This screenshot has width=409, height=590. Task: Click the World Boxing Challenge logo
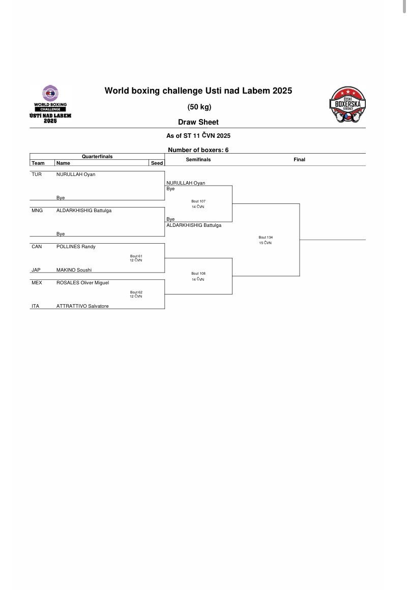pyautogui.click(x=50, y=104)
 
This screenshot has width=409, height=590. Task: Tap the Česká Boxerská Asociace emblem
pyautogui.click(x=347, y=105)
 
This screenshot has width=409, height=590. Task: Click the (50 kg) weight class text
pyautogui.click(x=199, y=107)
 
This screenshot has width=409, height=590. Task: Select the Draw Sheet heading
pyautogui.click(x=198, y=122)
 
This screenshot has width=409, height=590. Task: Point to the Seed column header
pyautogui.click(x=157, y=163)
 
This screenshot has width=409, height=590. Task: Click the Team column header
pyautogui.click(x=38, y=163)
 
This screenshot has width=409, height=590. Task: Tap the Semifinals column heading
pyautogui.click(x=198, y=160)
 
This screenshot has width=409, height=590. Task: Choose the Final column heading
pyautogui.click(x=299, y=160)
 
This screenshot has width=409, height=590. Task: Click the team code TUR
pyautogui.click(x=36, y=174)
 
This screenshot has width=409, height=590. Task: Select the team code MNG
pyautogui.click(x=37, y=211)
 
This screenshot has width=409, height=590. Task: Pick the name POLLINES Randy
pyautogui.click(x=76, y=247)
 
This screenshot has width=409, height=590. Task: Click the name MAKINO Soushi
pyautogui.click(x=74, y=270)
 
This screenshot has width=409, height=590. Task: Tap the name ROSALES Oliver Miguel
pyautogui.click(x=82, y=283)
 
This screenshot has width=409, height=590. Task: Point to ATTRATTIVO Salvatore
pyautogui.click(x=82, y=306)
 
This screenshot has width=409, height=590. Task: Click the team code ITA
pyautogui.click(x=35, y=306)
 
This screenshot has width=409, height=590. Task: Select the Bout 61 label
pyautogui.click(x=136, y=256)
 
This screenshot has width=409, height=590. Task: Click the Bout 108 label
pyautogui.click(x=198, y=274)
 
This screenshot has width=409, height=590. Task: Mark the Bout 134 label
pyautogui.click(x=265, y=238)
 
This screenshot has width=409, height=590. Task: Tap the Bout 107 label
pyautogui.click(x=198, y=201)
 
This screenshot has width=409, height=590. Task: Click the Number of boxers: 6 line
pyautogui.click(x=198, y=150)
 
